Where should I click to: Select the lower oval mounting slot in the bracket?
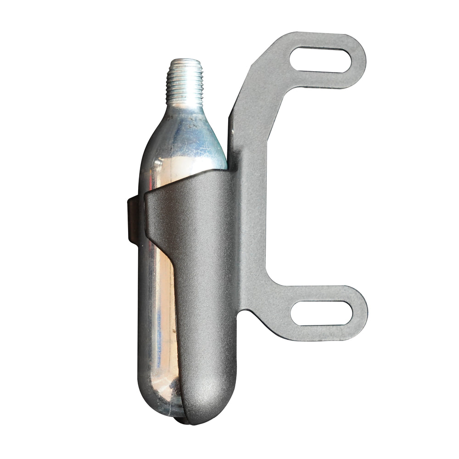(x=321, y=313)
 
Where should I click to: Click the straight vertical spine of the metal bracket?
(x=250, y=207)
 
